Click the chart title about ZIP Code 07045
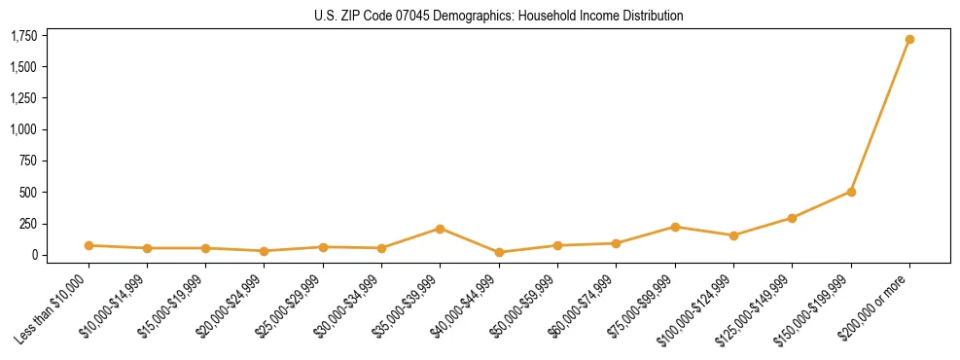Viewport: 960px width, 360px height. pos(499,16)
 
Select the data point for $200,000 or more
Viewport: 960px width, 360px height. pos(909,40)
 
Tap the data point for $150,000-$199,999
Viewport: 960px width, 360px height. pos(851,192)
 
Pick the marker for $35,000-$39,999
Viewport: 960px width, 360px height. pos(440,229)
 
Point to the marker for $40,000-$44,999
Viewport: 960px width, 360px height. pos(499,252)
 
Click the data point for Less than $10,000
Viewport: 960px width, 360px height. pos(89,245)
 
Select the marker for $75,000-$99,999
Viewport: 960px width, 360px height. pos(675,227)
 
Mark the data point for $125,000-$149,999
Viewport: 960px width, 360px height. pos(792,218)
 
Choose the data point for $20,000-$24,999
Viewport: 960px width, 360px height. pos(265,251)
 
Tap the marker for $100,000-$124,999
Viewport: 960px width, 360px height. pos(733,235)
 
